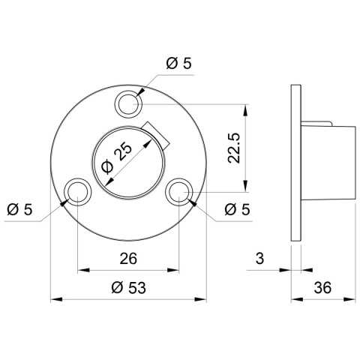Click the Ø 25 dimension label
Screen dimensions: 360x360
coord(117,158)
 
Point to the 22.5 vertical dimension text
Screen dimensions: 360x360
coord(234,148)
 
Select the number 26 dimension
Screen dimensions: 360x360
coord(128,259)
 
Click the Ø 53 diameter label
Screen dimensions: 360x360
coord(128,287)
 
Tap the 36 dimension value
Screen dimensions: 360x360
coord(322,287)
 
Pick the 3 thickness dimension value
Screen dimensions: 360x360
coord(259,259)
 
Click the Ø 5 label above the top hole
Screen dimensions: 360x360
coord(178,63)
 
